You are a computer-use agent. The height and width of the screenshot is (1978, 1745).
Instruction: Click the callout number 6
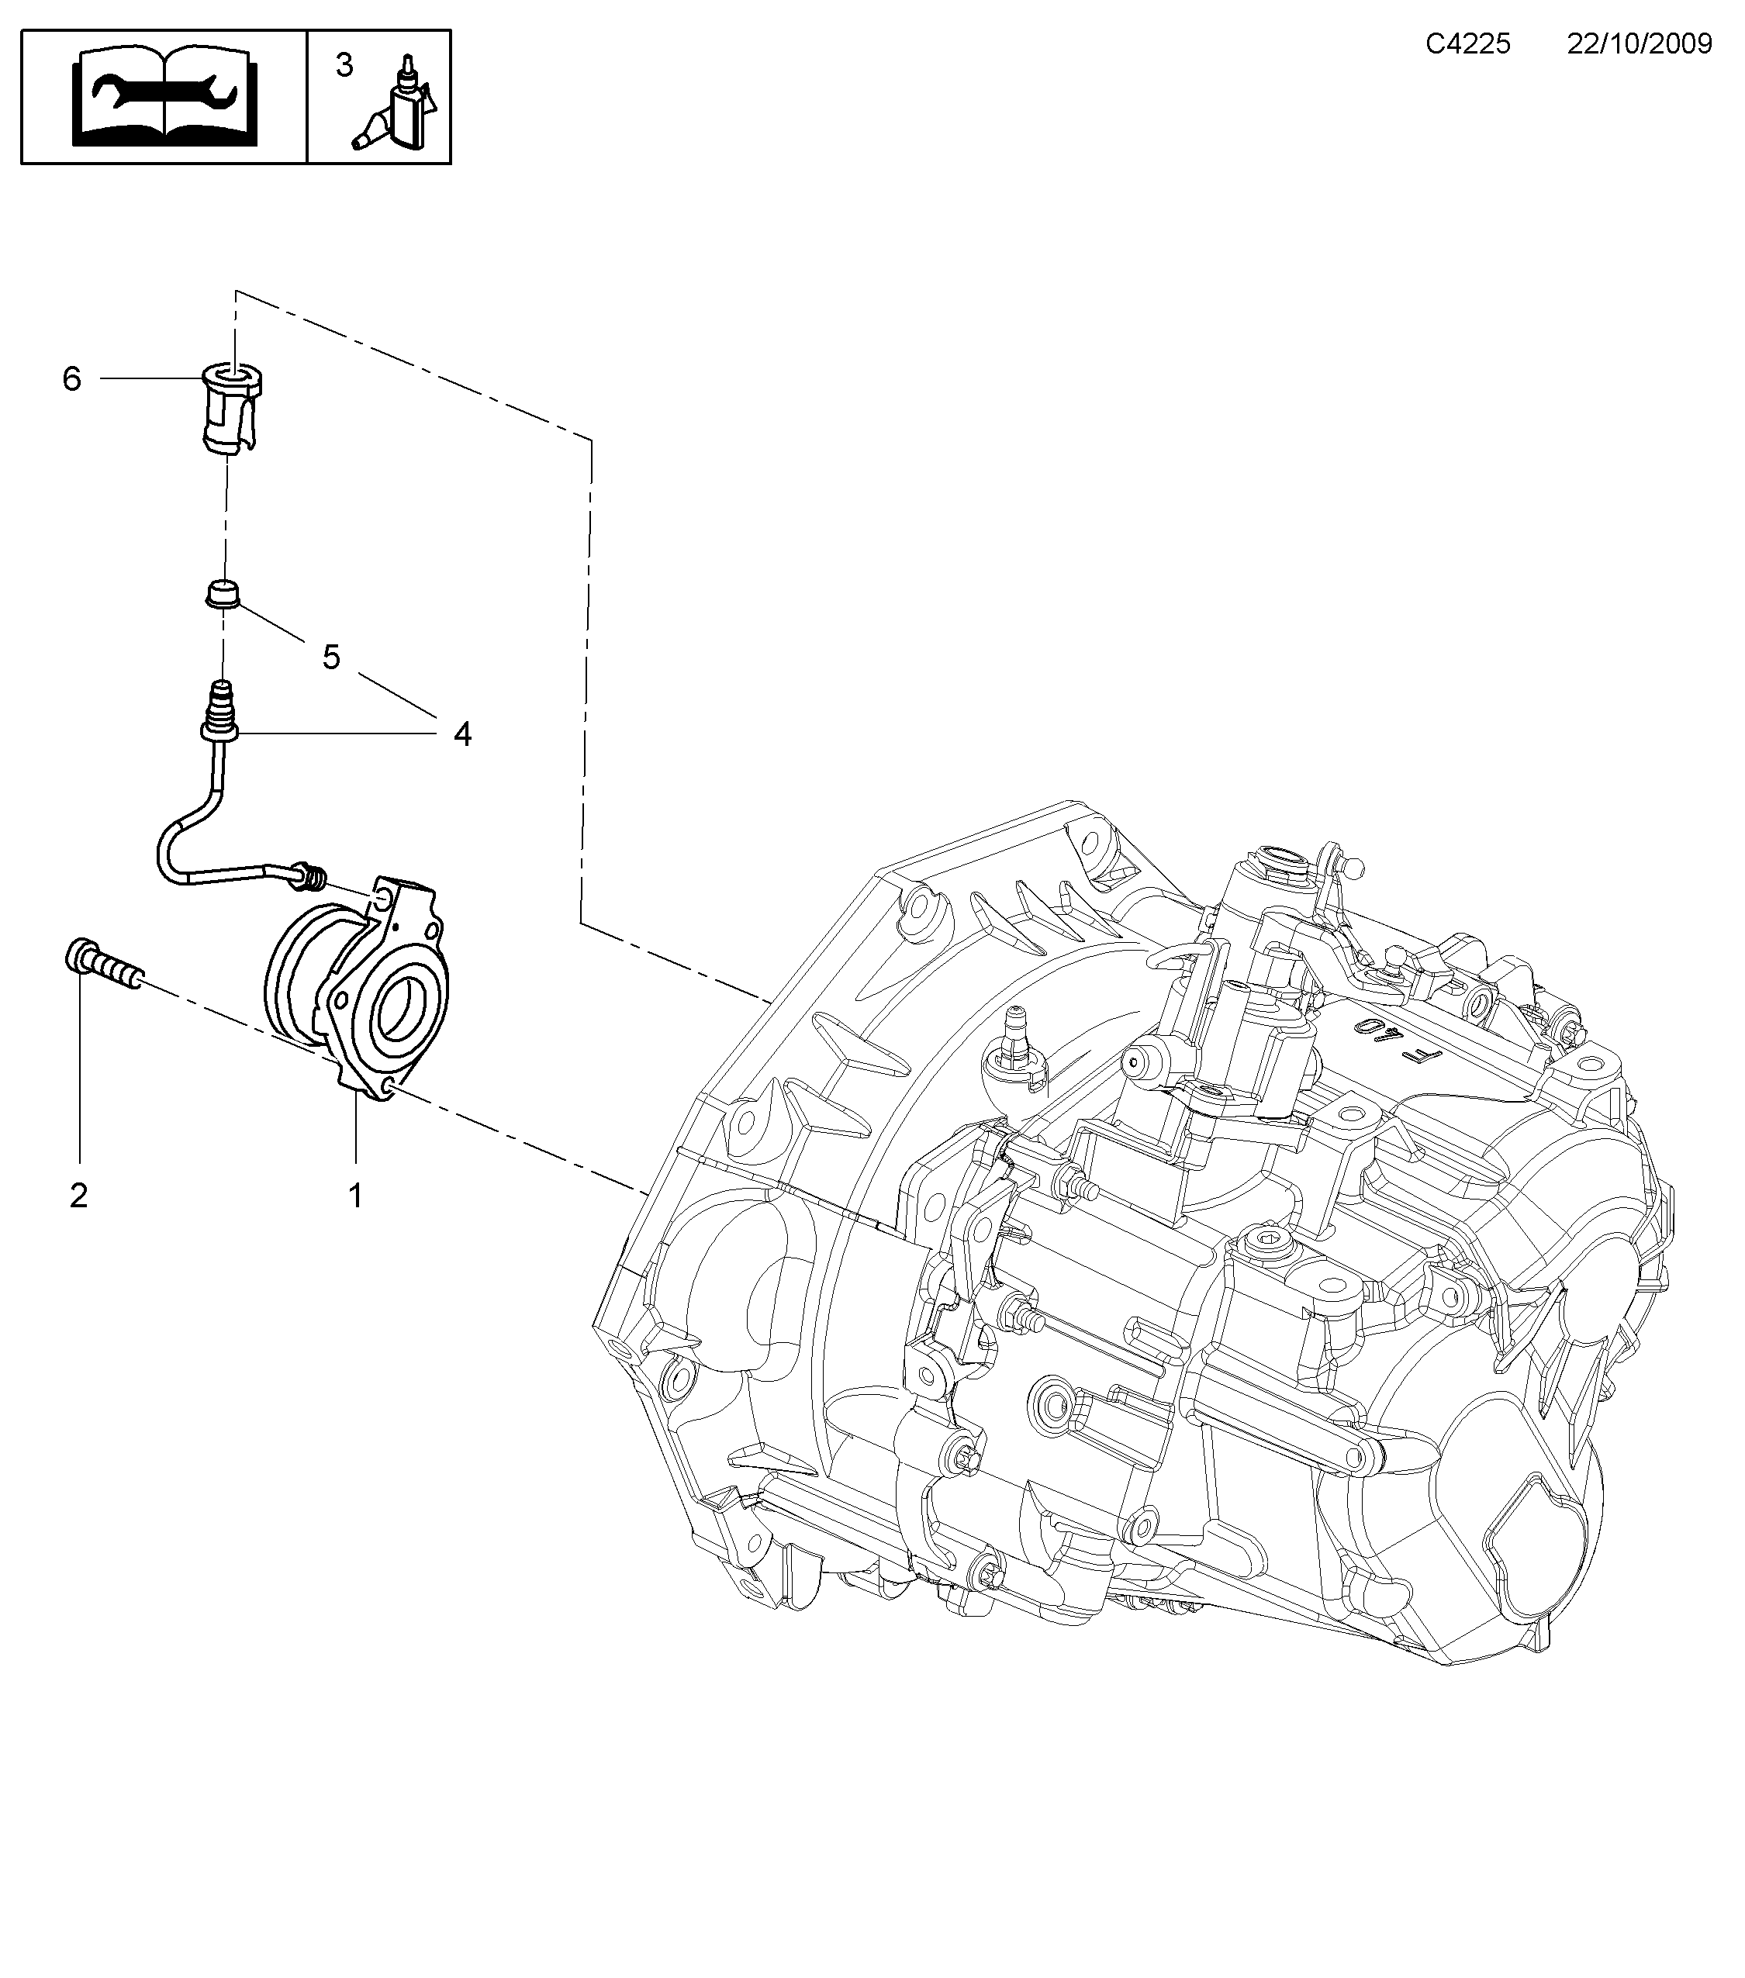(71, 378)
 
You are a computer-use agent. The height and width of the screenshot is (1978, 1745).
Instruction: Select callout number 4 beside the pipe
(463, 734)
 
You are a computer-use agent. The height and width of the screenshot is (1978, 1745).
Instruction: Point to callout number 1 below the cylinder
(355, 1196)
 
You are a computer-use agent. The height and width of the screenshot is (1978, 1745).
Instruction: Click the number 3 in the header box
(344, 66)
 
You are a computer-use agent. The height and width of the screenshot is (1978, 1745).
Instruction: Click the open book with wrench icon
(165, 97)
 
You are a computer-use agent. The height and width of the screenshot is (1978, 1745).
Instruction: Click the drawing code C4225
(1467, 44)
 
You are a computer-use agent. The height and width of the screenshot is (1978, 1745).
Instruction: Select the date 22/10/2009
(1640, 44)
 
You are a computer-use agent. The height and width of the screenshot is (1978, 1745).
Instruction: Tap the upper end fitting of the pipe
(222, 711)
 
